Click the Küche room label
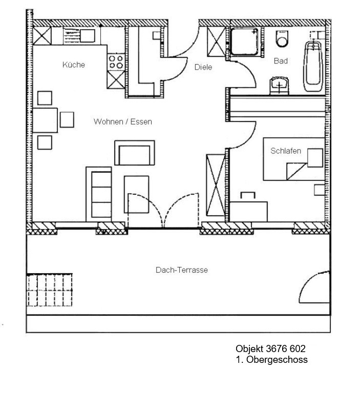tap(74, 65)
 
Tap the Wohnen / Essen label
tap(123, 121)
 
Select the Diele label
tap(203, 67)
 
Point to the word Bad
tap(281, 61)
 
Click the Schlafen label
tap(286, 151)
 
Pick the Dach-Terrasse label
tap(182, 270)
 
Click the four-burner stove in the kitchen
tap(116, 62)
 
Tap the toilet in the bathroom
tap(282, 39)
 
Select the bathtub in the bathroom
tap(313, 66)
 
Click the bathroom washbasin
tap(279, 86)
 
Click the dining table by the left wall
tap(45, 120)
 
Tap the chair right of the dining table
tap(67, 120)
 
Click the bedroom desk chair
tap(248, 195)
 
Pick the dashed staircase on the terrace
tap(49, 290)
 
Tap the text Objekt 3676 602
tap(271, 348)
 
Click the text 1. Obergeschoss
tap(272, 360)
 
